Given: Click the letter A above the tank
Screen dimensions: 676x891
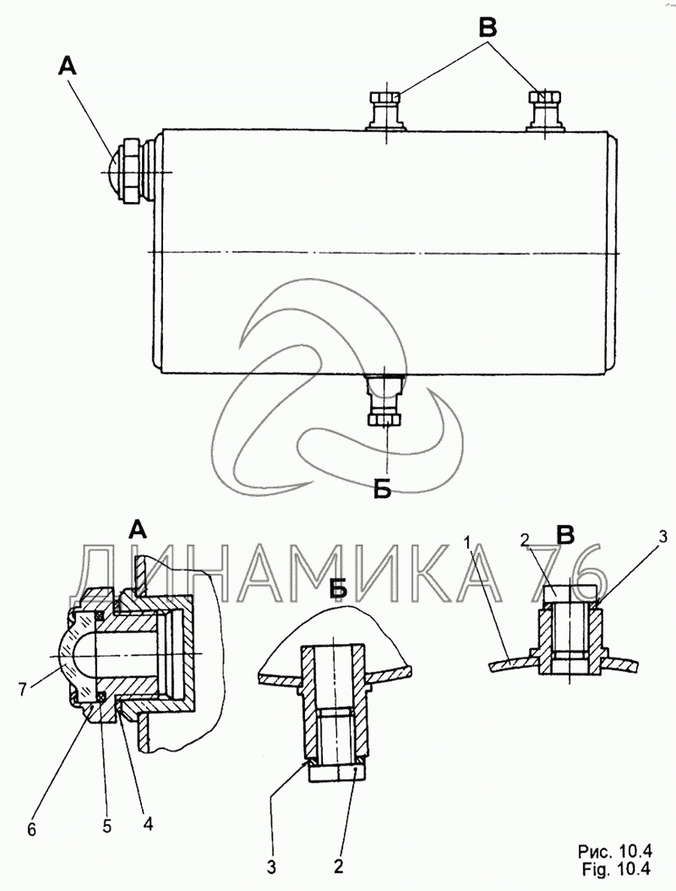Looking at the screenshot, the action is [x=68, y=67].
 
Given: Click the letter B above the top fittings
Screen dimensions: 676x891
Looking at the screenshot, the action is [x=488, y=26].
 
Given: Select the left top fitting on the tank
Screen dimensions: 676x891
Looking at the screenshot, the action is [x=385, y=110].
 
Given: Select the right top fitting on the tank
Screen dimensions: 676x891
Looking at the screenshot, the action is [x=545, y=110].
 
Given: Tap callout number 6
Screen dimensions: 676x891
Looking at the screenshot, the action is [x=32, y=829].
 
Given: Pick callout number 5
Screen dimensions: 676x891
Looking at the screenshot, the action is [x=107, y=826].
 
